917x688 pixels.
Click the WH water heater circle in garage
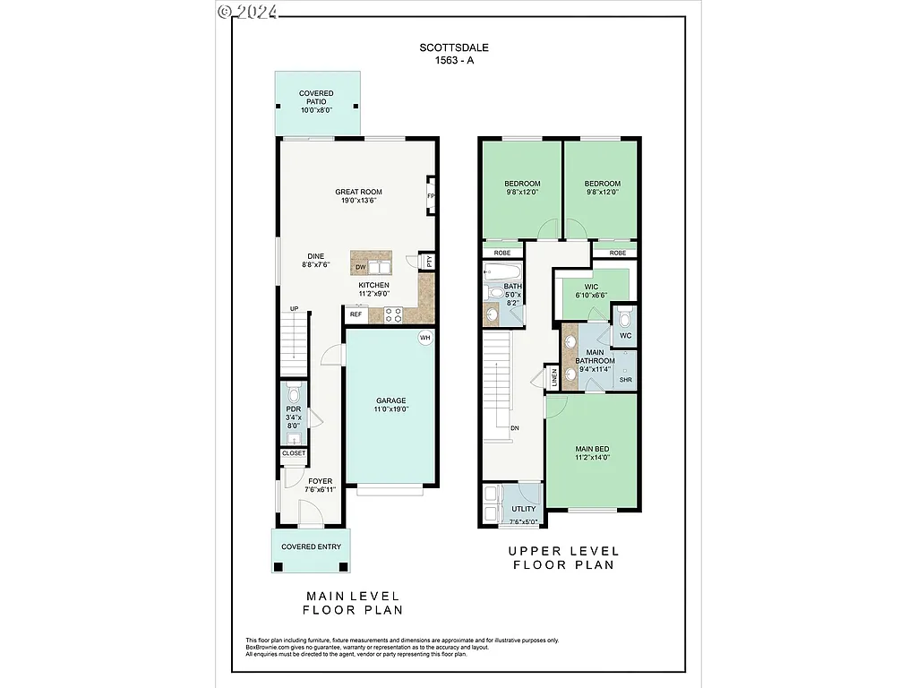coord(425,338)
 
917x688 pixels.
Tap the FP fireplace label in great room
coord(431,196)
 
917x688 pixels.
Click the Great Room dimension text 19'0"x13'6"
coord(359,201)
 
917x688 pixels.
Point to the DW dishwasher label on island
coord(360,267)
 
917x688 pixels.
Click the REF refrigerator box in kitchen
coord(356,314)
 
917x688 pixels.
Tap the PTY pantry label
coord(429,262)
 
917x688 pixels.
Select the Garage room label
coord(390,400)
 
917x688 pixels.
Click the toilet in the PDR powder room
coord(294,394)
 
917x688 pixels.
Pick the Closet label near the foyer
coord(294,453)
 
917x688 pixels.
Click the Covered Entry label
coord(311,546)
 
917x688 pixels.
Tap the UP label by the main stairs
coord(294,309)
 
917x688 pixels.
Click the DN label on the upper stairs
coord(515,428)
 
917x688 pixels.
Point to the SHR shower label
coord(625,380)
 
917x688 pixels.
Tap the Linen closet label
coord(555,376)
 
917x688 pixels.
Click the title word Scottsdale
coord(458,47)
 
